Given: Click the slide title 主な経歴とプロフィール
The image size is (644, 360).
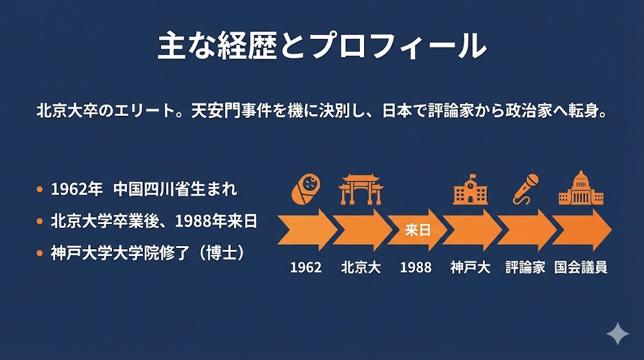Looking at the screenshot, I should click(x=321, y=45).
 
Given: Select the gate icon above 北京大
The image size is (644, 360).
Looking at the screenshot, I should click(x=361, y=189).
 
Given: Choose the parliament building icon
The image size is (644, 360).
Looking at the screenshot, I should click(x=580, y=188).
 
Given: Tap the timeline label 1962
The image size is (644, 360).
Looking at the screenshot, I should click(x=306, y=267).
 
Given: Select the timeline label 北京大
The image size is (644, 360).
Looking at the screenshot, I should click(x=361, y=267).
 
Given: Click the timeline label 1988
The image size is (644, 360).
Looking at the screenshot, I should click(x=416, y=267).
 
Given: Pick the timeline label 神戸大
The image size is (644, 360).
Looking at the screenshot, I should click(x=470, y=267).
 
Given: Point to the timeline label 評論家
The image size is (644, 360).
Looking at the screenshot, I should click(x=525, y=267).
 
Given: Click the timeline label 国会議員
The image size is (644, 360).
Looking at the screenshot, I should click(x=580, y=267).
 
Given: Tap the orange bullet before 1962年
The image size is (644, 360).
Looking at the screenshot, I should click(x=40, y=189).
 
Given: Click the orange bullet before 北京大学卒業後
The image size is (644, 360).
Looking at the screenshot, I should click(x=40, y=222).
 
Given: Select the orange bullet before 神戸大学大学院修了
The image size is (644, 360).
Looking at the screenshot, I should click(x=40, y=254).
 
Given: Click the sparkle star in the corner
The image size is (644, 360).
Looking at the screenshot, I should click(x=617, y=334).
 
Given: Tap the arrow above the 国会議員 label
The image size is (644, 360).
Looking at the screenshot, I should click(x=580, y=230).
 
